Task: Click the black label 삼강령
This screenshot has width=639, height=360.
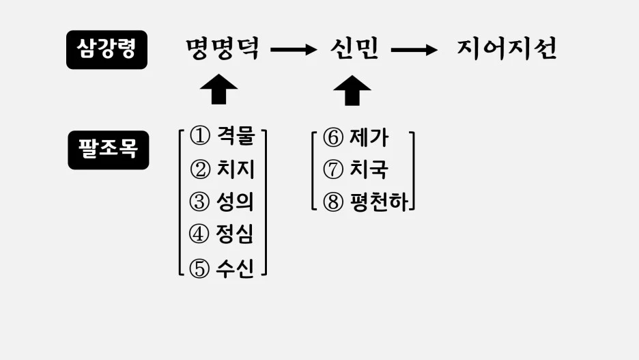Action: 106,50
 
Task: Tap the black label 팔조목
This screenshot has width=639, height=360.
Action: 108,150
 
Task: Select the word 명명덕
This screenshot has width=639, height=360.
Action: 223,49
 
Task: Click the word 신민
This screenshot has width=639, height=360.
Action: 354,49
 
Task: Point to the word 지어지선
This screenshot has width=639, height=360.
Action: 507,49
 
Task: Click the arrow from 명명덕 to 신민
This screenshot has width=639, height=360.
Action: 294,49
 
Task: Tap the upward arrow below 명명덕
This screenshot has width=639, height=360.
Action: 218,89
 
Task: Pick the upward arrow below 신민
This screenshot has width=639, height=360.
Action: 352,89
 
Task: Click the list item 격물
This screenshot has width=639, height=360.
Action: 234,136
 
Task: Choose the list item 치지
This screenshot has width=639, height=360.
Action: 234,169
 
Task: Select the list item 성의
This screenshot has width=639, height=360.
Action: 234,202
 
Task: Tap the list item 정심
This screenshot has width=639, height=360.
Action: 234,235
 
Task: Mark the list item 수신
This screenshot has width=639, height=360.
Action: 234,268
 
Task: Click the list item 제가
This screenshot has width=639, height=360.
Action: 368,138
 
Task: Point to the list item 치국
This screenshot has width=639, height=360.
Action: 368,170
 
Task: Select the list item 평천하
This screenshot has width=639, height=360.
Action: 378,203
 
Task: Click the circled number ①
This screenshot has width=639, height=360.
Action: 199,136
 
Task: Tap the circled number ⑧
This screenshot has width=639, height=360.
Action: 332,203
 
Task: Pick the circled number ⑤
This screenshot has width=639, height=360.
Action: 199,268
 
